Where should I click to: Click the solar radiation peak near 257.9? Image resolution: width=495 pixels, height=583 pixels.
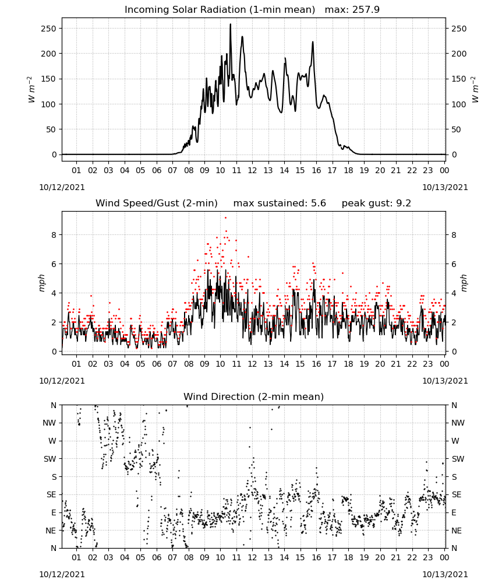point(230,24)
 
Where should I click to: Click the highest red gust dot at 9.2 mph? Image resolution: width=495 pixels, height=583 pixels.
point(225,218)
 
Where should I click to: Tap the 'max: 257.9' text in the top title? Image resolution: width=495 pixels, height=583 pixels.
point(352,9)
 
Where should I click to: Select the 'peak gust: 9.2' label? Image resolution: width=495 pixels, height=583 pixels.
point(376,203)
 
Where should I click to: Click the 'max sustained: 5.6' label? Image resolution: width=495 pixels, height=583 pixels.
point(280,203)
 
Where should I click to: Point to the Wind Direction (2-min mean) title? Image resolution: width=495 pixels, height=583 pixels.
point(254,396)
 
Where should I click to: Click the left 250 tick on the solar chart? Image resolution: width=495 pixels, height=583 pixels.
point(49,29)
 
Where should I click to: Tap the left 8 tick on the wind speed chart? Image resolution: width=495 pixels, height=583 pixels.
point(54,235)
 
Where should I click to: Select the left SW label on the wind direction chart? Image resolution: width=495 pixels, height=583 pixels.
point(49,459)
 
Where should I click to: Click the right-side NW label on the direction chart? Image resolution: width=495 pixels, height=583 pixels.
point(458,423)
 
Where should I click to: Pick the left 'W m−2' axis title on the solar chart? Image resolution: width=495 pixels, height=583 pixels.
point(31,90)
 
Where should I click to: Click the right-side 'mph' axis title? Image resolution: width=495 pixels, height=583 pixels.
point(464,283)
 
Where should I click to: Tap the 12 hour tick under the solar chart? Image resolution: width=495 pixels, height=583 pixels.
point(252,170)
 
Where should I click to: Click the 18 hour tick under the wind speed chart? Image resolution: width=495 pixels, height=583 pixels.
point(348,364)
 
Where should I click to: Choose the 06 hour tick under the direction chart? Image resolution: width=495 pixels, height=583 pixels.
point(157,557)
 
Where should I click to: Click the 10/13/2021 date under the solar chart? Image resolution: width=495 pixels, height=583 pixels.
point(445,187)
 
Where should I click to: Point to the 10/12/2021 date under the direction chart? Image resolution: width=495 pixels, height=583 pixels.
point(62,574)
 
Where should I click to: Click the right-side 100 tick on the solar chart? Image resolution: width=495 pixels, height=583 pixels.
point(459,104)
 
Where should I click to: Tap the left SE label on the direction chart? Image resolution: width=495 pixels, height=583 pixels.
point(51,494)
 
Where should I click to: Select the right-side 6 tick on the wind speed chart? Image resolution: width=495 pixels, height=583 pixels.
point(454,264)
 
